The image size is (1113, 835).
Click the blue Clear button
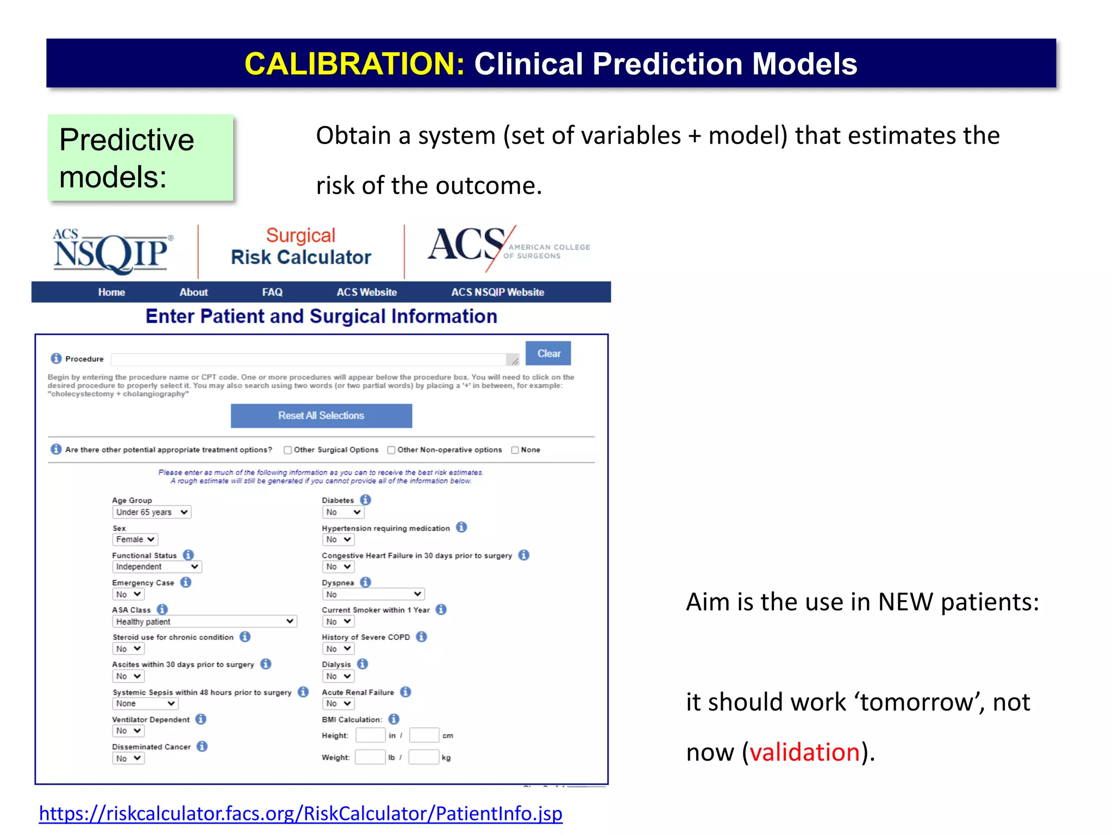(x=548, y=353)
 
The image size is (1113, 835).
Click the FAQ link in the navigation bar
(x=272, y=292)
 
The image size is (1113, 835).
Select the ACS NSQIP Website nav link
(x=497, y=292)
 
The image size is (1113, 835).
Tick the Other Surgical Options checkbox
(x=287, y=450)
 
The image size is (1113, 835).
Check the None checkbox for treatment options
(x=515, y=450)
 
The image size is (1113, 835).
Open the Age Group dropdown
(x=152, y=512)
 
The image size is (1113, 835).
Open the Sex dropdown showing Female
(x=135, y=539)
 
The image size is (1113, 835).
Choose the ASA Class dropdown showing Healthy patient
(x=204, y=621)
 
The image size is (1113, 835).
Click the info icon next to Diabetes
(x=366, y=500)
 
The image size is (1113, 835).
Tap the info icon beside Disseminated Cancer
(x=202, y=746)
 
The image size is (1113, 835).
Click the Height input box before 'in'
(x=370, y=736)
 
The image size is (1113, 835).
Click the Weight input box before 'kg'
(x=423, y=757)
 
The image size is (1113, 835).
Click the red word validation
(x=804, y=752)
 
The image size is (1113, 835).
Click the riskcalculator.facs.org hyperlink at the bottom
(x=301, y=813)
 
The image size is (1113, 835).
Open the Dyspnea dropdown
(x=373, y=594)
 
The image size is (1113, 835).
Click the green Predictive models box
(x=140, y=158)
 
